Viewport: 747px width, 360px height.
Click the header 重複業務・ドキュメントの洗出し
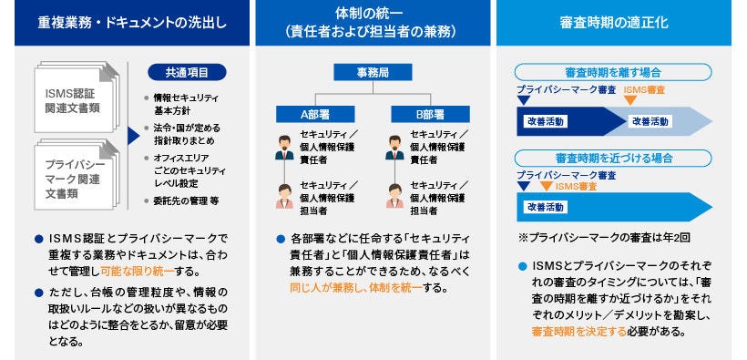pyautogui.click(x=124, y=23)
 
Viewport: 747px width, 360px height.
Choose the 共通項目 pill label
pyautogui.click(x=186, y=72)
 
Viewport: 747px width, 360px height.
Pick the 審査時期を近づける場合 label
pyautogui.click(x=613, y=158)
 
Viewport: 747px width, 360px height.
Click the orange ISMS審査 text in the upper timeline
pyautogui.click(x=644, y=90)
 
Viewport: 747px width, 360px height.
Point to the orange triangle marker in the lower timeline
pyautogui.click(x=546, y=186)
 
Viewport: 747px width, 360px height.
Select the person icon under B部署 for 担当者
pyautogui.click(x=394, y=195)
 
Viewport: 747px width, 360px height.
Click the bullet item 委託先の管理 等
pyautogui.click(x=186, y=200)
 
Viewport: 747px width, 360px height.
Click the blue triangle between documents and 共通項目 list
pyautogui.click(x=134, y=136)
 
